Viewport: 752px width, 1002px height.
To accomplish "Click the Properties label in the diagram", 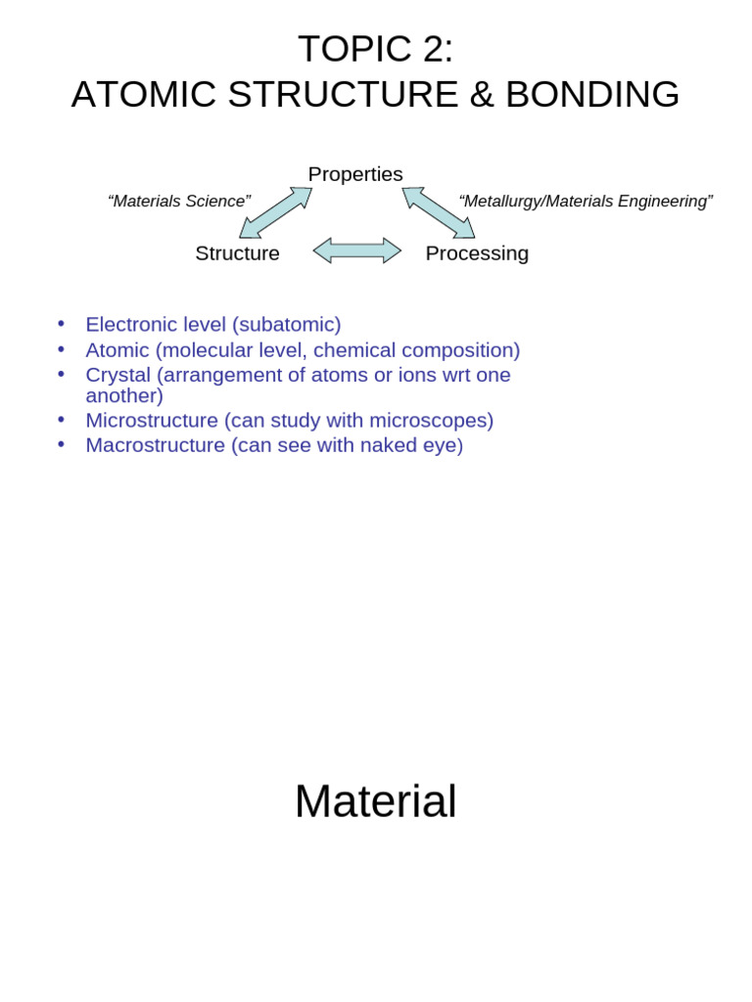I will pyautogui.click(x=355, y=174).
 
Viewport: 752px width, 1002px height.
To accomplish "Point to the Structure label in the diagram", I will pyautogui.click(x=237, y=253).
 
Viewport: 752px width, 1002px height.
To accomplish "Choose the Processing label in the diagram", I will pyautogui.click(x=477, y=253).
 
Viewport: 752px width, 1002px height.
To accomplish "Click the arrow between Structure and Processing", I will pyautogui.click(x=357, y=250).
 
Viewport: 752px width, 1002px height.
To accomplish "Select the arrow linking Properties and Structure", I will pyautogui.click(x=275, y=212).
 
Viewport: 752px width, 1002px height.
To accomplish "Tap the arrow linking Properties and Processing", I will pyautogui.click(x=439, y=212).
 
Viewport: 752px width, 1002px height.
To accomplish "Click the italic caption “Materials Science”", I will pyautogui.click(x=179, y=202).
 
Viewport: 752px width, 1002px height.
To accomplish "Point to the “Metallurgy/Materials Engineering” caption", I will pyautogui.click(x=586, y=202).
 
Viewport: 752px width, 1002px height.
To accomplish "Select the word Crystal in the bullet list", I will pyautogui.click(x=117, y=375).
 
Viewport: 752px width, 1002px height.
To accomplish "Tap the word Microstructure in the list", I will pyautogui.click(x=152, y=421).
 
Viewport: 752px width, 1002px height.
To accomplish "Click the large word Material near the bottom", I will pyautogui.click(x=375, y=801).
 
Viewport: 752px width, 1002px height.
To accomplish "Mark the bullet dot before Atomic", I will pyautogui.click(x=61, y=348).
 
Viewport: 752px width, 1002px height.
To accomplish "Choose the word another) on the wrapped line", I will pyautogui.click(x=124, y=396).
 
